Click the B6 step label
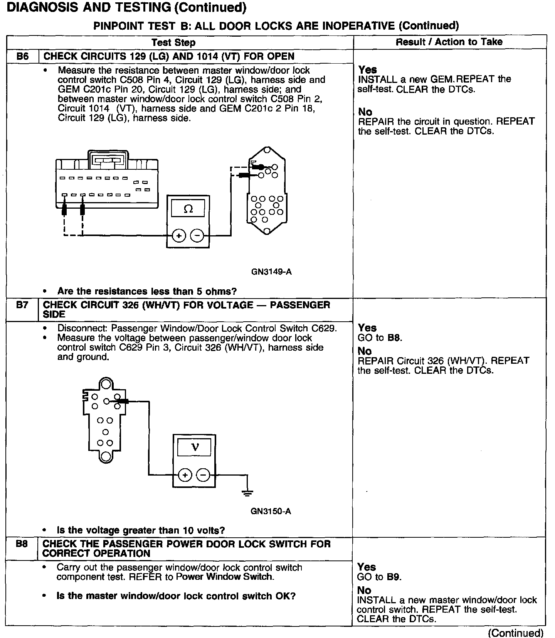click(x=23, y=56)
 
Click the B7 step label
click(x=22, y=305)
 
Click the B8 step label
click(x=22, y=544)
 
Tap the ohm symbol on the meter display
click(x=188, y=209)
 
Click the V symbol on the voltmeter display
click(x=195, y=447)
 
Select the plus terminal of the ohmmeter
click(x=179, y=236)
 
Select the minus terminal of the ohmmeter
click(x=197, y=236)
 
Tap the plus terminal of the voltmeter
click(x=185, y=475)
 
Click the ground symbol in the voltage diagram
click(x=247, y=493)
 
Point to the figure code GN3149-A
click(x=271, y=272)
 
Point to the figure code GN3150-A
click(x=271, y=511)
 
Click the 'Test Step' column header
click(x=173, y=42)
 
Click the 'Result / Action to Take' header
click(x=449, y=42)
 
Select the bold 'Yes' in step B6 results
click(x=367, y=70)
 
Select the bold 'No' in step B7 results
click(x=365, y=351)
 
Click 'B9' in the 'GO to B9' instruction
click(x=394, y=577)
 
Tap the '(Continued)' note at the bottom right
click(x=516, y=633)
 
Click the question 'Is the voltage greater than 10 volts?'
click(x=141, y=530)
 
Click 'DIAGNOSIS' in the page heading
click(x=42, y=7)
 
